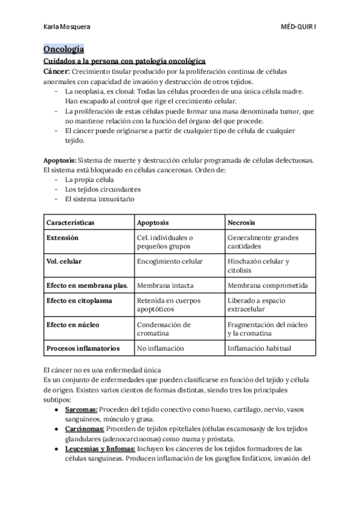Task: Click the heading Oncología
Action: click(x=63, y=49)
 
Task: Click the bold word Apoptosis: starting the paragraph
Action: click(x=59, y=161)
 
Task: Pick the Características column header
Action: click(x=70, y=222)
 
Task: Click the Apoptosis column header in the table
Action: click(x=153, y=222)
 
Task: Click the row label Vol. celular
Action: click(x=64, y=262)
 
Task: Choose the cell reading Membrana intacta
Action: click(x=165, y=286)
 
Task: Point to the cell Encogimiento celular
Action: click(x=170, y=262)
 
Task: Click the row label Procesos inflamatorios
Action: click(x=83, y=348)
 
